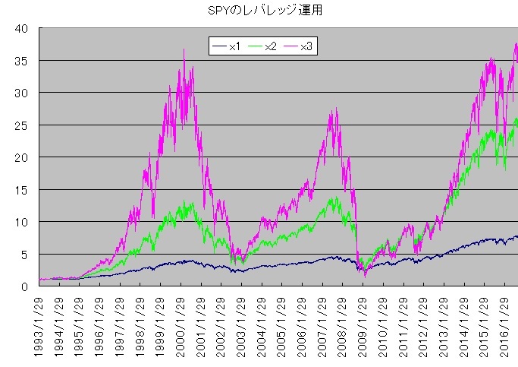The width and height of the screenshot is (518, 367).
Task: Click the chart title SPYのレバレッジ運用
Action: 258,12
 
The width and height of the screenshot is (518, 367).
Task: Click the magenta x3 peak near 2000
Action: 184,50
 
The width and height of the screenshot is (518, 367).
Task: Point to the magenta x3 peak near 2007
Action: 334,110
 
